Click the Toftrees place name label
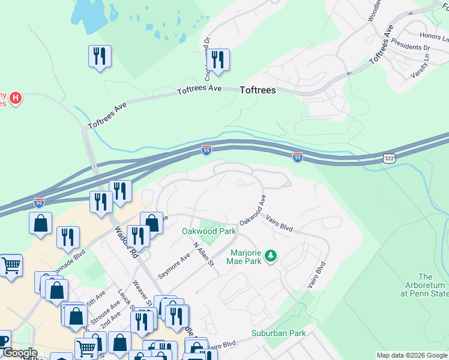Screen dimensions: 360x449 [x=258, y=91]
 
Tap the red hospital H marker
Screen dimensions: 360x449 [x=16, y=97]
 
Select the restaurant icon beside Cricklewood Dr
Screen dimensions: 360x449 [x=218, y=59]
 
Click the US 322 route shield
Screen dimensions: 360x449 [x=390, y=157]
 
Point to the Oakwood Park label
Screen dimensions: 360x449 [x=209, y=231]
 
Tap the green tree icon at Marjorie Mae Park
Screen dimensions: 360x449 [x=271, y=256]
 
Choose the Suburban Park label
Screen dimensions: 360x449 [x=279, y=333]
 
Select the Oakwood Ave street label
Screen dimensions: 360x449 [x=253, y=210]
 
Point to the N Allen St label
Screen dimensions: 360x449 [x=204, y=255]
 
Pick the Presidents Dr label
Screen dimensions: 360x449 [x=410, y=47]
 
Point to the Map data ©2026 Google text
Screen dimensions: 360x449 [x=412, y=355]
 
